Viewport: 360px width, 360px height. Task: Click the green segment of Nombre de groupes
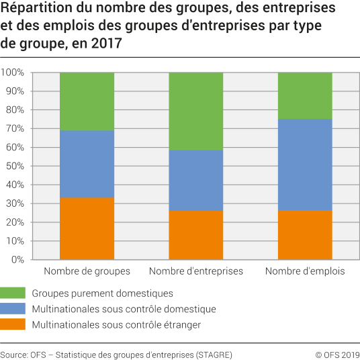tap(87, 101)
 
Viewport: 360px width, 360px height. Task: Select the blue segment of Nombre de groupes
tap(87, 164)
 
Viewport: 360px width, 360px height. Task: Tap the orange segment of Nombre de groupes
tap(87, 228)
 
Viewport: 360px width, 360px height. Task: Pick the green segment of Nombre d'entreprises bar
tap(195, 111)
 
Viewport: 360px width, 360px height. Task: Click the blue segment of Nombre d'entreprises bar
tap(195, 180)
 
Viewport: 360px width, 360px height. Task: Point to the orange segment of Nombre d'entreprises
tap(195, 235)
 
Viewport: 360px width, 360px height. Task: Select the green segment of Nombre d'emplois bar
tap(305, 95)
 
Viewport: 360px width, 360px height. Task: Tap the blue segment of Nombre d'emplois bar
tap(305, 165)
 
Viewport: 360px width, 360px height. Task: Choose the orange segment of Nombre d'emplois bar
tap(305, 235)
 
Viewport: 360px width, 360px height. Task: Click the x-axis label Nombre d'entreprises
tap(195, 271)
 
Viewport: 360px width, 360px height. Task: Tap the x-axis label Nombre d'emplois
tap(305, 271)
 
